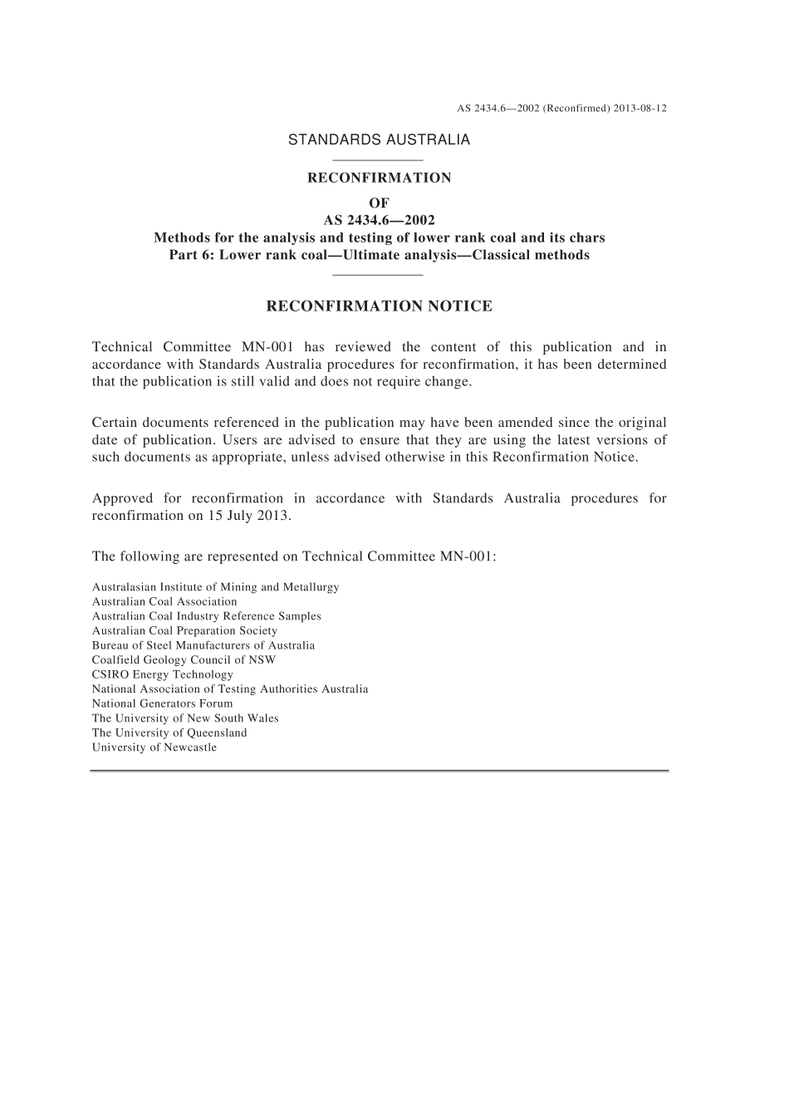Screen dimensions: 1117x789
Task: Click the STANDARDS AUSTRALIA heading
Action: tap(379, 140)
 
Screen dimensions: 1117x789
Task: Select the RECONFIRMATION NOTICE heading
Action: tap(379, 306)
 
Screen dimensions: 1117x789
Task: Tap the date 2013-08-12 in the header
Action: tap(641, 109)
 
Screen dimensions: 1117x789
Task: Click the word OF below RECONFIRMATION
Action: tap(379, 203)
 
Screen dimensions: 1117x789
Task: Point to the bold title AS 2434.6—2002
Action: tap(379, 220)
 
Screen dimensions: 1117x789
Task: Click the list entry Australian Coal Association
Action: tap(164, 602)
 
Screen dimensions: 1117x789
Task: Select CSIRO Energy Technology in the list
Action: tap(163, 674)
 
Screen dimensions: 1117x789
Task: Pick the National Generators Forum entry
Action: tap(163, 703)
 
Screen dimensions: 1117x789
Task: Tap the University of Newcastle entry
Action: tap(154, 747)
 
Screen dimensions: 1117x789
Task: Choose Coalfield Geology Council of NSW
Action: tap(184, 660)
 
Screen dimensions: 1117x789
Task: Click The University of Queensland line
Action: tap(169, 732)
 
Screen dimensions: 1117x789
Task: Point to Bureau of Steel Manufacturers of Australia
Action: tap(203, 645)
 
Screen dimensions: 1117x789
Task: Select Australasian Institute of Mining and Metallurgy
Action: tap(216, 587)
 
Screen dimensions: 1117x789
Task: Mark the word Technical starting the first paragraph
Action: tap(121, 347)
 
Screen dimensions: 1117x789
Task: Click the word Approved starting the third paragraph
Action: tap(122, 498)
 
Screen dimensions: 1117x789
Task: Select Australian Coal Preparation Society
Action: tap(184, 631)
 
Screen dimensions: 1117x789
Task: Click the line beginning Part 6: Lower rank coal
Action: tap(379, 255)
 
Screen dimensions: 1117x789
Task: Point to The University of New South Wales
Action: tap(185, 718)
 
